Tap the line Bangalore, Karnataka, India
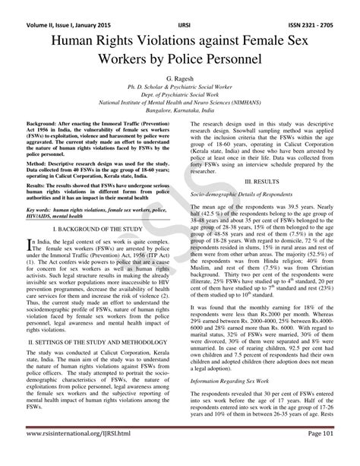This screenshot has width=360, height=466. (x=180, y=109)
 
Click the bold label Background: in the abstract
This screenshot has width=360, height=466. (x=43, y=122)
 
